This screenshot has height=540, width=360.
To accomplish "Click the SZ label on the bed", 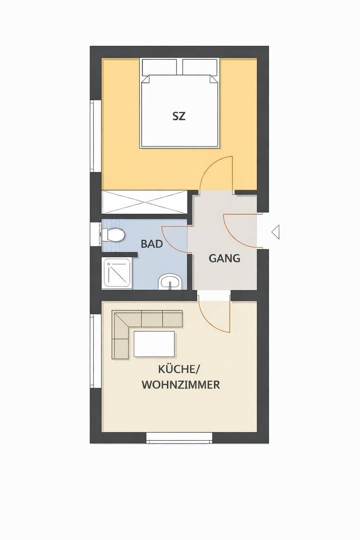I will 179,116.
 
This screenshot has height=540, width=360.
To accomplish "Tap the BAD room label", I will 152,244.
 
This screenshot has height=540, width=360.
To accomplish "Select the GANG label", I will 224,258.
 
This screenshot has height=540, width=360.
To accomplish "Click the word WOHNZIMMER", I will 181,384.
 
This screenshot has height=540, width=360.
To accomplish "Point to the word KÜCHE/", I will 179,369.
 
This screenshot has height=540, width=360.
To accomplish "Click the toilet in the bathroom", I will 113,235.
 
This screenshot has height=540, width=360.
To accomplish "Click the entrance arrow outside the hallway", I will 276,232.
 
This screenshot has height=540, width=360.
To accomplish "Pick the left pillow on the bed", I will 159,67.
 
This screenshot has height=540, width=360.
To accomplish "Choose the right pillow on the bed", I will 200,67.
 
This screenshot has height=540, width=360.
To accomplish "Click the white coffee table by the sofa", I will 154,344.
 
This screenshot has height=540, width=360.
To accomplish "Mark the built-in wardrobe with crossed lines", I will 144,202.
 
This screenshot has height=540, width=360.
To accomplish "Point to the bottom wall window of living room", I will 180,438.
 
